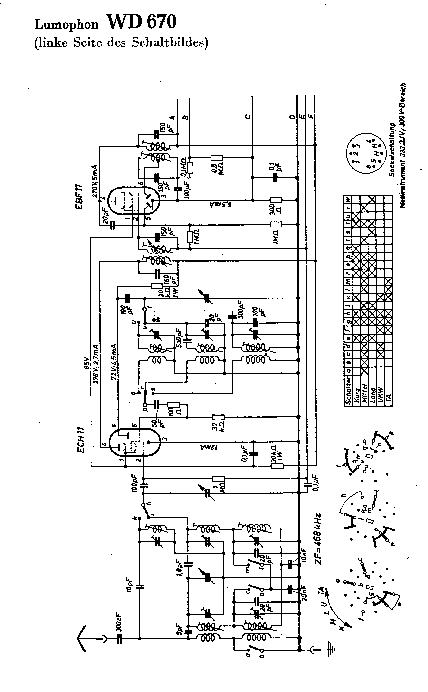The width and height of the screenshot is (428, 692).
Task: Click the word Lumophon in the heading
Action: coord(66,25)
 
